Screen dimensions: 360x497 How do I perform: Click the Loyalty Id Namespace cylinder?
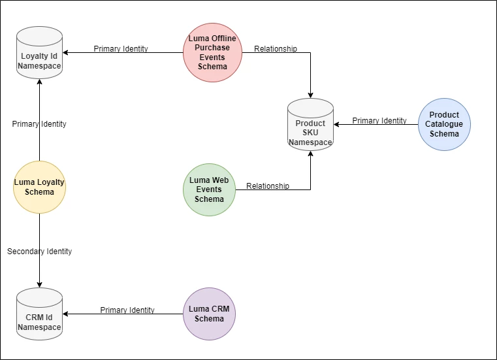coord(39,53)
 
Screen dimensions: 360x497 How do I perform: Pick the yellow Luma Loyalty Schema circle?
coord(39,187)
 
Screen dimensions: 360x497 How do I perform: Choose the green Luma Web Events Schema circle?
coord(209,189)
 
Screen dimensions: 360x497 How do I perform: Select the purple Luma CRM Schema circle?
coord(209,314)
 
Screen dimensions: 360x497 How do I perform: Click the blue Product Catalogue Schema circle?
coord(444,124)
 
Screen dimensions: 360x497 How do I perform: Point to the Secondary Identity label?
coord(39,251)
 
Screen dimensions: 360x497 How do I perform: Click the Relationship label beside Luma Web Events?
coord(268,186)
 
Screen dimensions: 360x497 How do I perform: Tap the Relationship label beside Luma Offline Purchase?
coord(276,48)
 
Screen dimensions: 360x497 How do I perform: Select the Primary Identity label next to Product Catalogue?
coord(379,120)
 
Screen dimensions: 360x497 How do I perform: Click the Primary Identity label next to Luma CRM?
coord(127,310)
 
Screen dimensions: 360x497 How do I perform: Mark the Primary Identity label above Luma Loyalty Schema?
coord(39,123)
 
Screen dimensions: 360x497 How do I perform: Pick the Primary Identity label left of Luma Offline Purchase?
coord(121,48)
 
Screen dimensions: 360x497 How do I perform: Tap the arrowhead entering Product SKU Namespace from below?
coord(310,154)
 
